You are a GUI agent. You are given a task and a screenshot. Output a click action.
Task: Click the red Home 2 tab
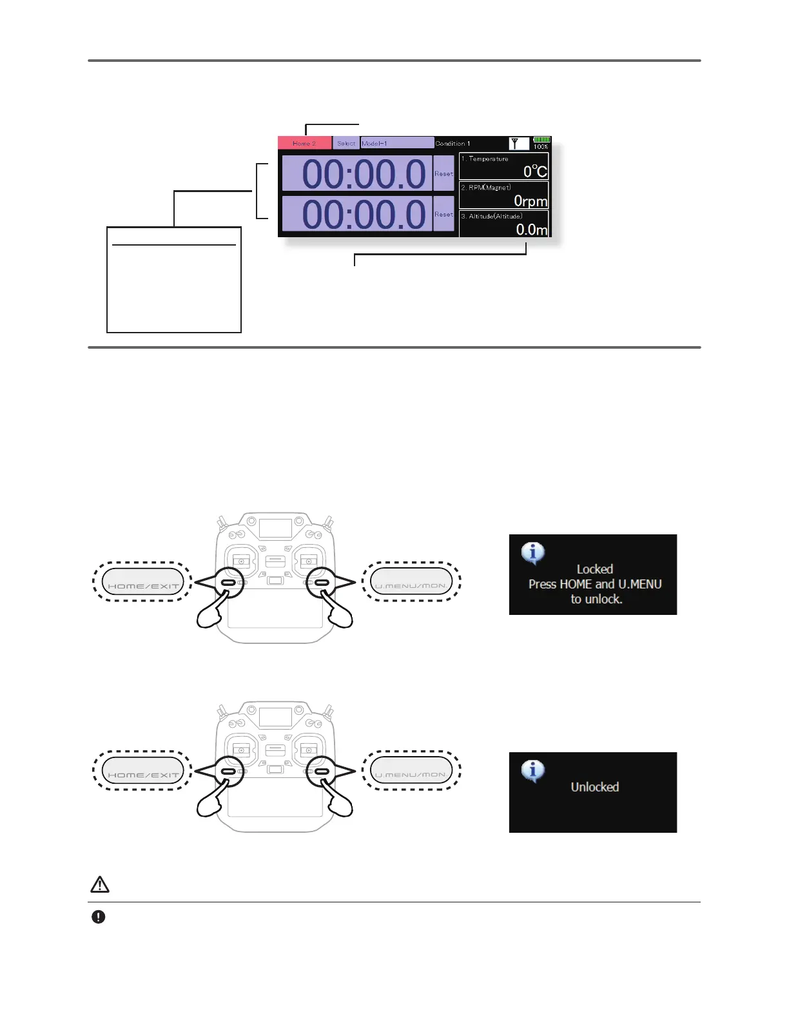(x=304, y=143)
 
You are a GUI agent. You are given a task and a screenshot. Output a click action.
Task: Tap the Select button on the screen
(x=346, y=143)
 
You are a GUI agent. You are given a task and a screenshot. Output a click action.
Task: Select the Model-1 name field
(x=396, y=143)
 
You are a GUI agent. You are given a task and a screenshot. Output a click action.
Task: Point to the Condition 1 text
(x=453, y=143)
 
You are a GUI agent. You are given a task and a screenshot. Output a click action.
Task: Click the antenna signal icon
(x=516, y=143)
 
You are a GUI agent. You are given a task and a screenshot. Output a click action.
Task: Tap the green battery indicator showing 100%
(x=541, y=140)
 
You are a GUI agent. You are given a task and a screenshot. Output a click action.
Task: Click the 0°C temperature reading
(x=535, y=171)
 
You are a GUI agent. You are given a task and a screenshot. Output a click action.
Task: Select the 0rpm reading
(x=531, y=201)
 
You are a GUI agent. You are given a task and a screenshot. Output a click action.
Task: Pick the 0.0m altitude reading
(x=532, y=229)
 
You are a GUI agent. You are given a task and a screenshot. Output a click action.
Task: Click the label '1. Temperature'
(x=485, y=159)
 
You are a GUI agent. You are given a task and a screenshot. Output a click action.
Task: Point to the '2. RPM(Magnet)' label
(x=486, y=188)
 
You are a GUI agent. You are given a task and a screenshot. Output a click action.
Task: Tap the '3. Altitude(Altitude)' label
(x=491, y=217)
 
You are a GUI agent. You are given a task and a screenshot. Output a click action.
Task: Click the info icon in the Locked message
(x=532, y=553)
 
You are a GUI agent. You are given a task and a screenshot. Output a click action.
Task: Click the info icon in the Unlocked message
(x=532, y=771)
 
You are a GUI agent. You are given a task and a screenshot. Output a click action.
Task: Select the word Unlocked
(x=594, y=787)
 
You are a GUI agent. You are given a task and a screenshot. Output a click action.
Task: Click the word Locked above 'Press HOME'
(x=594, y=569)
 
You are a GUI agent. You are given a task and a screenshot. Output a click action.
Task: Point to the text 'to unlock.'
(x=596, y=599)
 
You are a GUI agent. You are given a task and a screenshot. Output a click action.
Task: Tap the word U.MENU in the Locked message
(x=640, y=584)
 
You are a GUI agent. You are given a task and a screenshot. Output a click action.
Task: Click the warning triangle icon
(x=100, y=884)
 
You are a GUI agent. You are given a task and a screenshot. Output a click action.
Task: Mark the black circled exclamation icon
(x=98, y=917)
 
